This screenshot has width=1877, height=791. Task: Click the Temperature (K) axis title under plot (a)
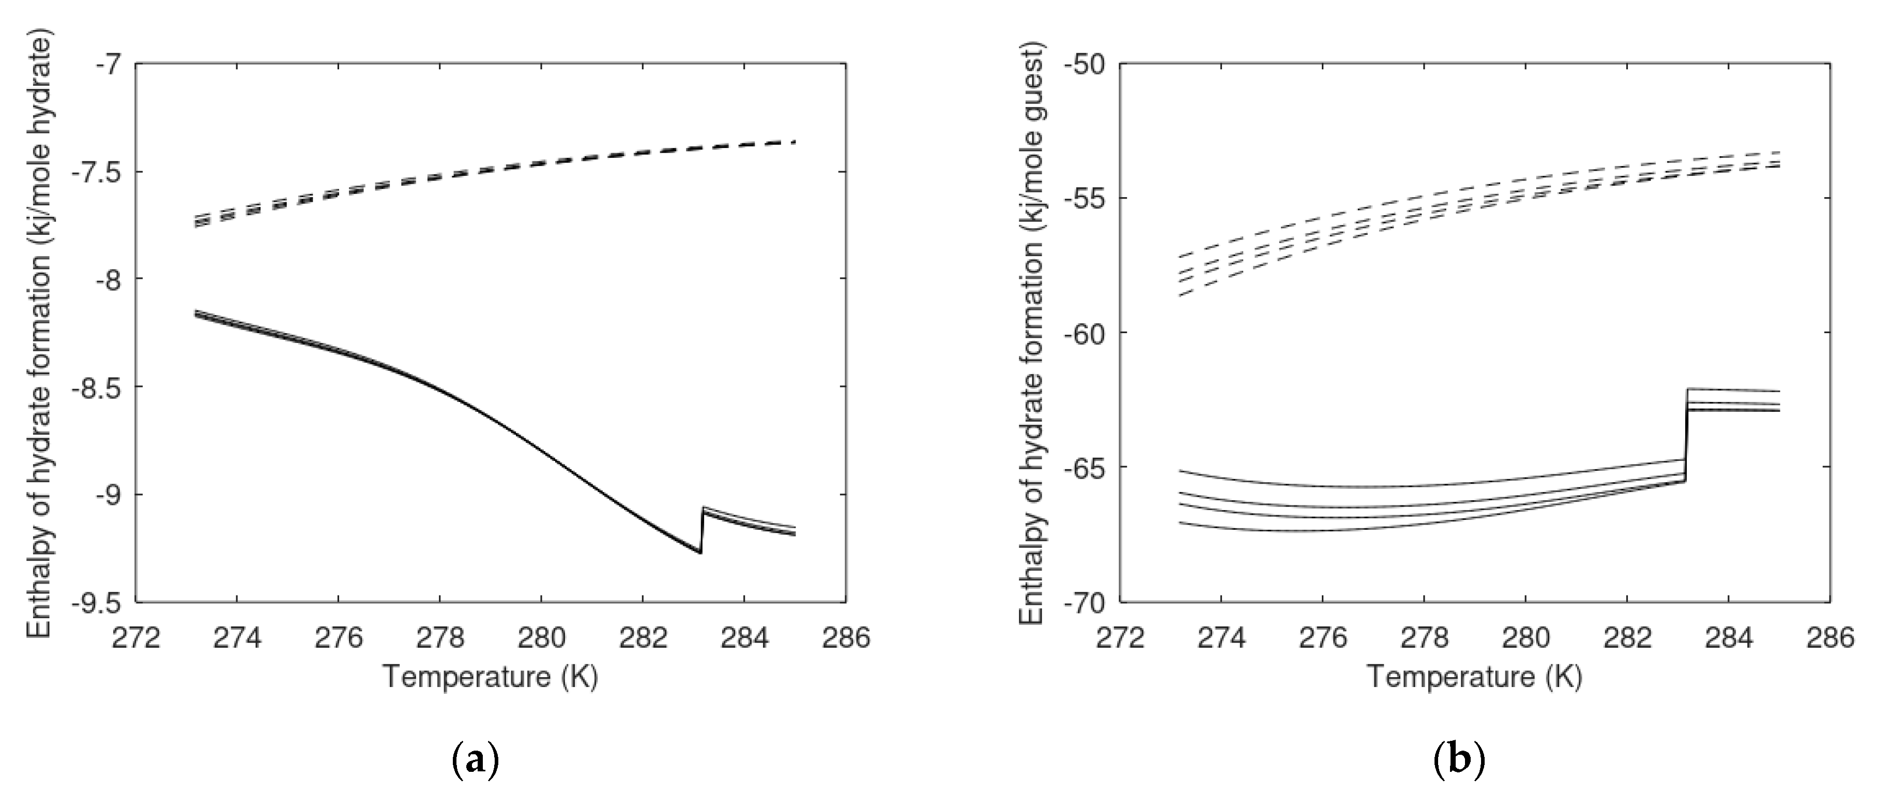491,677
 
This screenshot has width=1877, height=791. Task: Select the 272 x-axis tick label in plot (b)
1120,638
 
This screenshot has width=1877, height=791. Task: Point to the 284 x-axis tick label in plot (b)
1728,638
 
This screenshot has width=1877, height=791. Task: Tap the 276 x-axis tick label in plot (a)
339,638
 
